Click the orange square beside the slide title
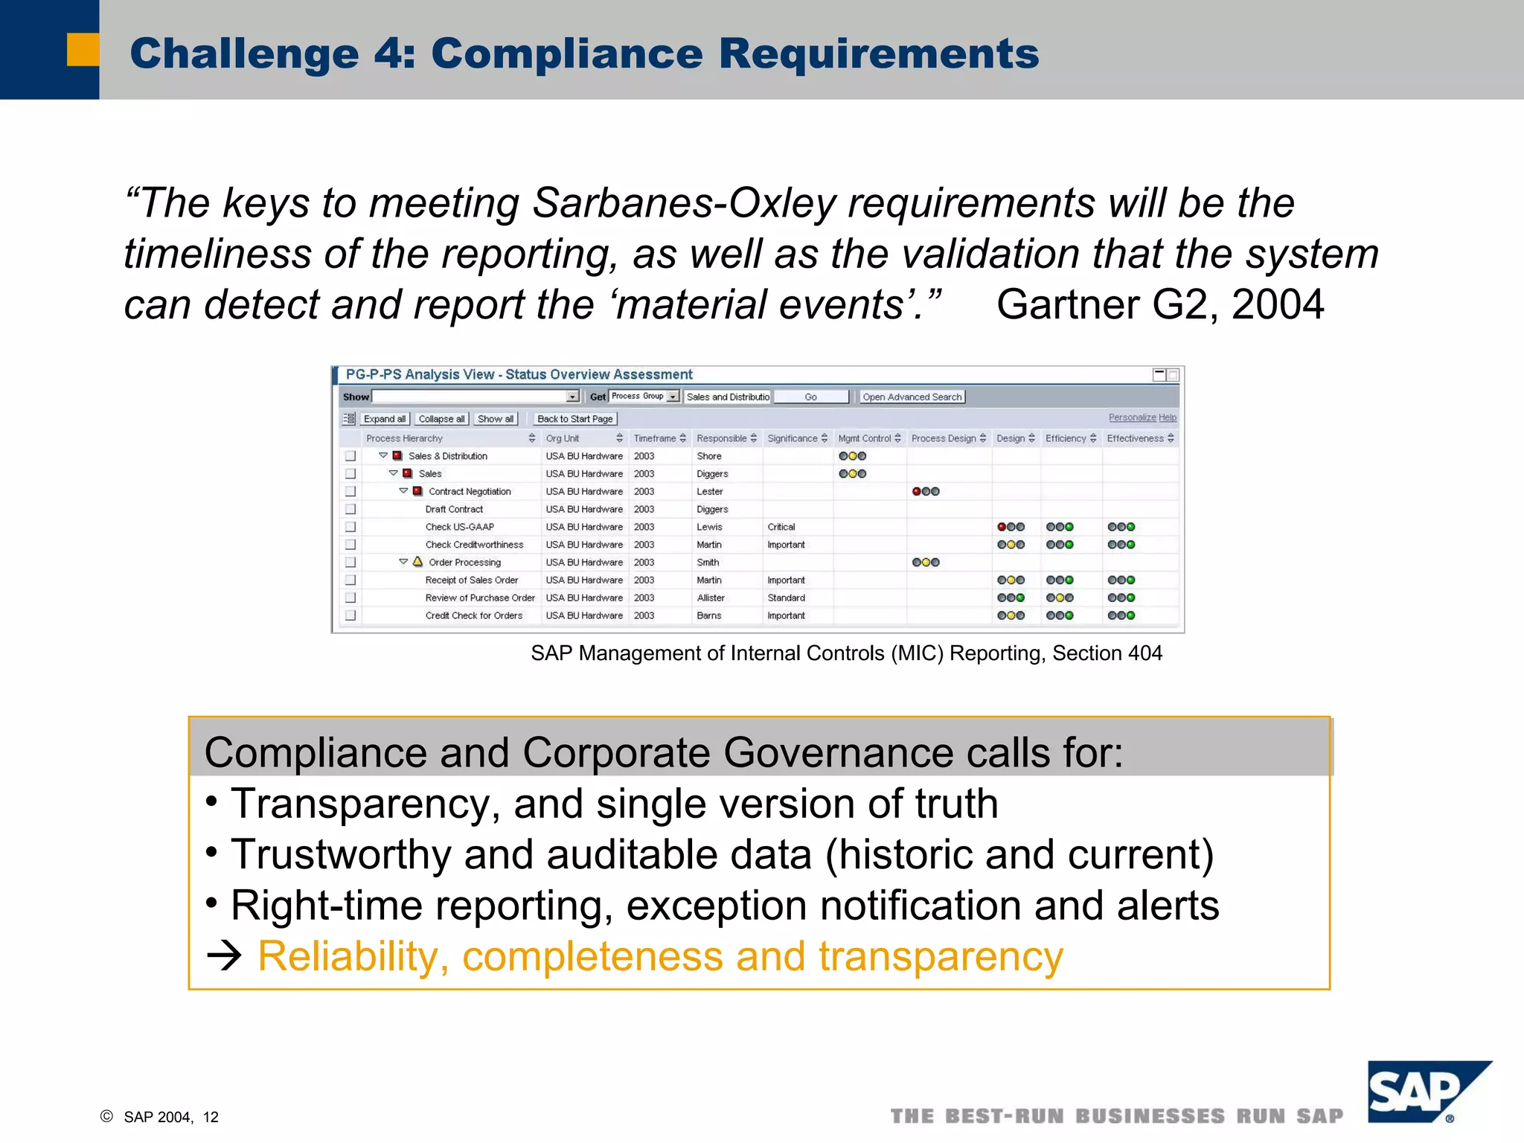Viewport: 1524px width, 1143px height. [83, 50]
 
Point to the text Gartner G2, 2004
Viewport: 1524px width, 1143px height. [1159, 304]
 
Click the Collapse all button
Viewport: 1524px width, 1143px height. [441, 419]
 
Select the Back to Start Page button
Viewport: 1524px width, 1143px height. [574, 419]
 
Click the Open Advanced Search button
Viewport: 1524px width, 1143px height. [912, 397]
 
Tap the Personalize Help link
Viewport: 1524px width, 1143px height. [1142, 417]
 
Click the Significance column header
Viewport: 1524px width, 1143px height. [793, 438]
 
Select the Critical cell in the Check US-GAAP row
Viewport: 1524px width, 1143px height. [781, 527]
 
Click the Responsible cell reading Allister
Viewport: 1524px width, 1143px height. [710, 598]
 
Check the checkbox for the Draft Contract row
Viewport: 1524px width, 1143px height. [350, 509]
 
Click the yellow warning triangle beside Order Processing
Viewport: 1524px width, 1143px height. [417, 562]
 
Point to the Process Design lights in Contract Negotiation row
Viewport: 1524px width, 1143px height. [925, 491]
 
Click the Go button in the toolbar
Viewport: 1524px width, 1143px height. [810, 397]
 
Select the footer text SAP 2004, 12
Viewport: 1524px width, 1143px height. [171, 1117]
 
